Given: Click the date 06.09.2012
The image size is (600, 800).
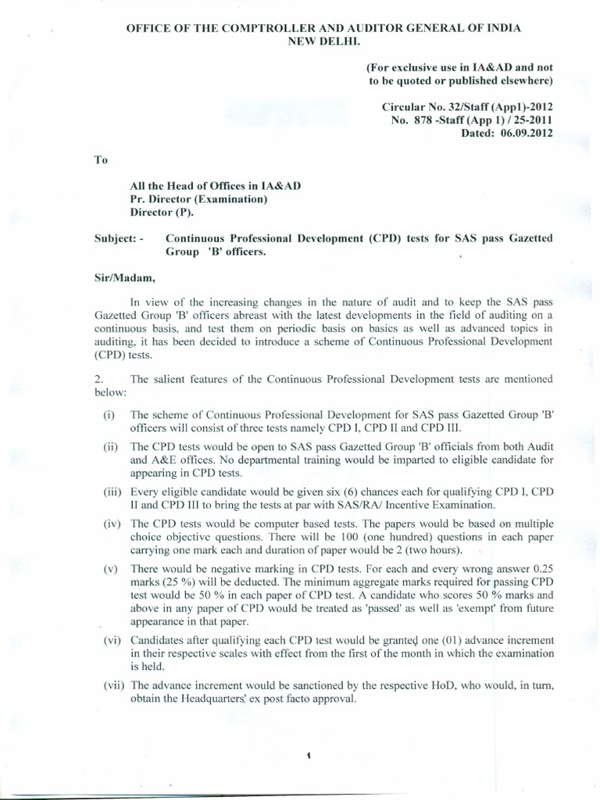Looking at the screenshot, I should coord(521,133).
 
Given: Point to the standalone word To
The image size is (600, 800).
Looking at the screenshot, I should coord(99,159).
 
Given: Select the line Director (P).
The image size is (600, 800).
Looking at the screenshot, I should coord(161,212).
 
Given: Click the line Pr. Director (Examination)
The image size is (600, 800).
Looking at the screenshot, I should coord(198,198).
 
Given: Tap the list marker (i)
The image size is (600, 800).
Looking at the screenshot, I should coord(109,414).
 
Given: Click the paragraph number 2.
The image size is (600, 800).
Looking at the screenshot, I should coord(98,379).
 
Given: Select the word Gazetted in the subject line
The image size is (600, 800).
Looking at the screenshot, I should coord(529,237).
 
